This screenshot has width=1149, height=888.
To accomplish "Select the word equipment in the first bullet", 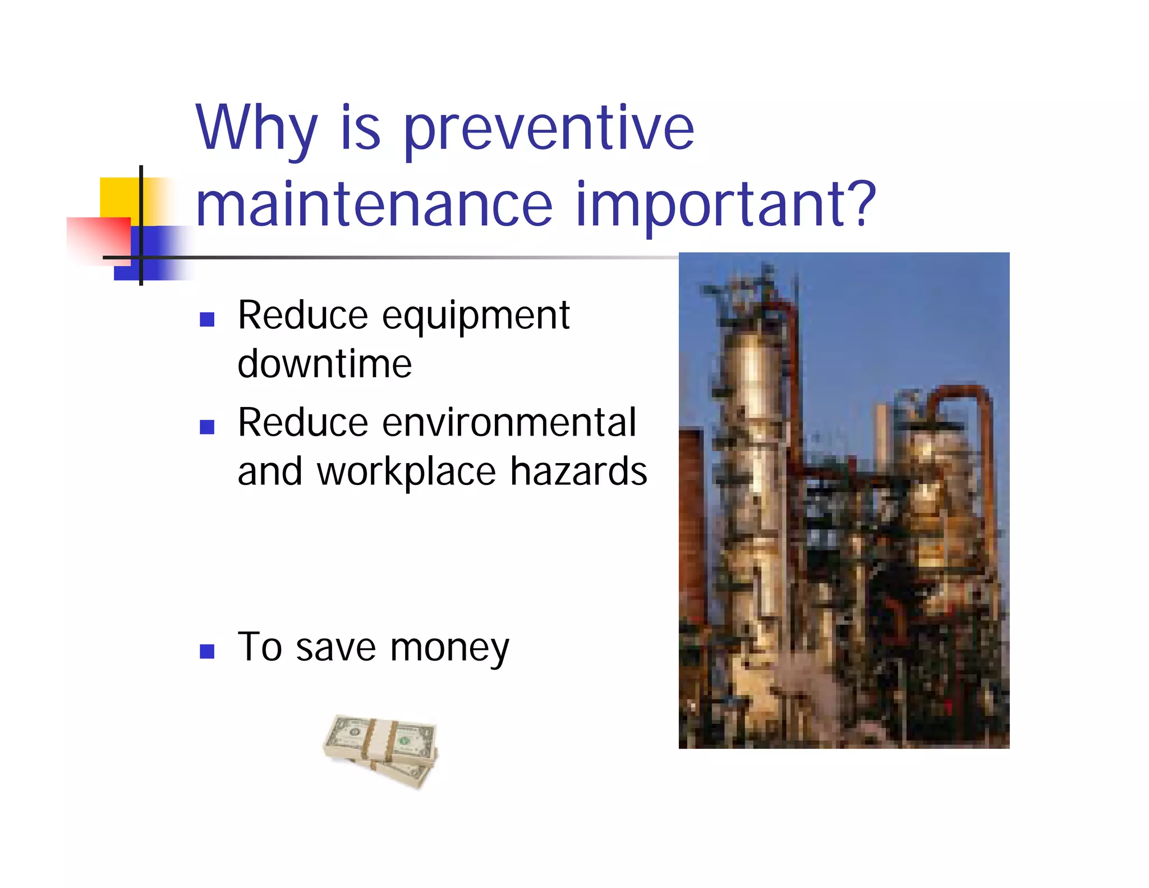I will pyautogui.click(x=476, y=316).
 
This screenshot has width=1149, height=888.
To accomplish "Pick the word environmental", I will pyautogui.click(x=509, y=422).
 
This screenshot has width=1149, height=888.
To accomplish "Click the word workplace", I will pyautogui.click(x=406, y=472).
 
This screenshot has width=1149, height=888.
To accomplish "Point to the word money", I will pyautogui.click(x=449, y=648).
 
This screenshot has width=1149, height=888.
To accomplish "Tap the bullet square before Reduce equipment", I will pyautogui.click(x=207, y=319).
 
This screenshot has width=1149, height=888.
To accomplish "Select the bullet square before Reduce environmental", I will pyautogui.click(x=207, y=427).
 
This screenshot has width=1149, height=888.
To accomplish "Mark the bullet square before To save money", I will pyautogui.click(x=207, y=651).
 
